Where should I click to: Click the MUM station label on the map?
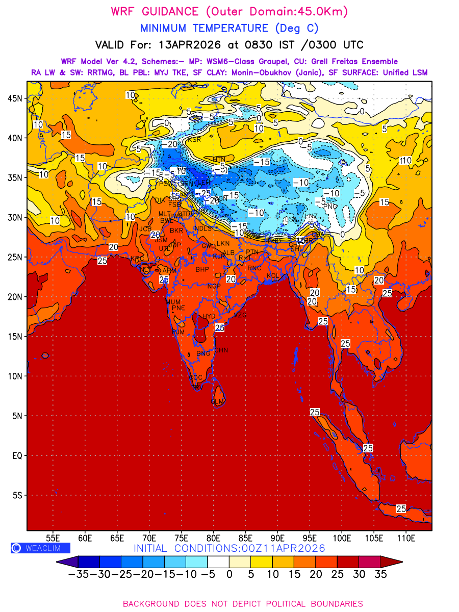click(x=173, y=302)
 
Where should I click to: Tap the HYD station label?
click(x=209, y=316)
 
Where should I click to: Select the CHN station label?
click(x=221, y=350)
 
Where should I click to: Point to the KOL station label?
click(x=273, y=275)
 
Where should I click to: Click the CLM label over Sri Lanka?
click(x=217, y=401)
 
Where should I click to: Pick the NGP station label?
click(x=214, y=286)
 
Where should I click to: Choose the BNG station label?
click(x=203, y=353)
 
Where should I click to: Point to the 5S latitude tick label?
click(x=17, y=495)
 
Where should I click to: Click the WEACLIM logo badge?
click(x=36, y=548)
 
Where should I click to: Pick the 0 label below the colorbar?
click(x=229, y=574)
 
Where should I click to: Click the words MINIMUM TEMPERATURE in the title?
click(x=204, y=28)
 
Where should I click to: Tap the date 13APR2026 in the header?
click(x=185, y=44)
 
